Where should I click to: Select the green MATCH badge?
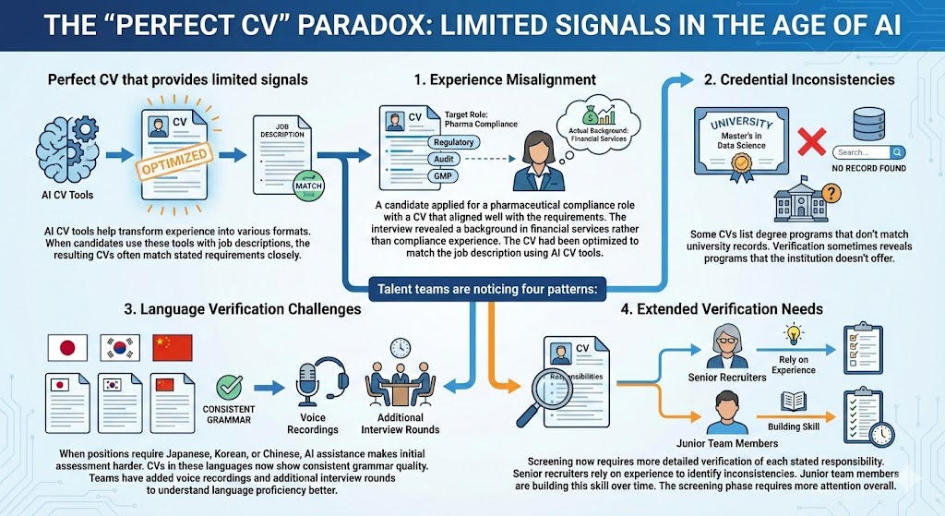[306, 185]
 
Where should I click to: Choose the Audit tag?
[441, 159]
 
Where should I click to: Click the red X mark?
[809, 141]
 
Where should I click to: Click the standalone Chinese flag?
[172, 347]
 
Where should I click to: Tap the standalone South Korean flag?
[120, 347]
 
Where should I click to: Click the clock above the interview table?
[401, 348]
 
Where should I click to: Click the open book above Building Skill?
[795, 401]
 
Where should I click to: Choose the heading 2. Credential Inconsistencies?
[799, 79]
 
